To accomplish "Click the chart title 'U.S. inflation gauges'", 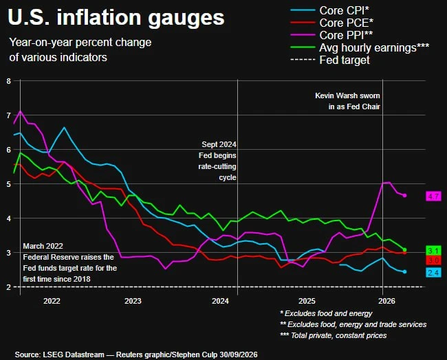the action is (116, 18).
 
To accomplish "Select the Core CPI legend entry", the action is (330, 10).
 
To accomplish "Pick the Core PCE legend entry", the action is (332, 23).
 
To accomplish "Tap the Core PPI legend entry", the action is (331, 35).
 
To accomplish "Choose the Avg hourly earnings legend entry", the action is (360, 47).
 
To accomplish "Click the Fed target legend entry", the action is (330, 60).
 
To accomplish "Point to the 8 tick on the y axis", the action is (8, 81).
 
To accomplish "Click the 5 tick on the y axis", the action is (8, 184).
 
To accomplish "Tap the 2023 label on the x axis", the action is (133, 301).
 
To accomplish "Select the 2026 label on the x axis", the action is (386, 301).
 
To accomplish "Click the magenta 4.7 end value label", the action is (433, 196).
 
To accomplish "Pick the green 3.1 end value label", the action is (433, 251).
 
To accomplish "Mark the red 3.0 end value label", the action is (433, 260).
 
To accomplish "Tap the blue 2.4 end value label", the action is (433, 273).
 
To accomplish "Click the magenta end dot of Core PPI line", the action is (404, 195).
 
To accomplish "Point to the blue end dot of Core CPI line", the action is (404, 271).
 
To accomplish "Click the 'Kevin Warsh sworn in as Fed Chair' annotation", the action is (347, 101).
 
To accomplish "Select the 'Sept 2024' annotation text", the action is (219, 144).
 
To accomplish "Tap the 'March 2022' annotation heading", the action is (43, 246).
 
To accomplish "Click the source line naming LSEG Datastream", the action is (136, 355).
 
